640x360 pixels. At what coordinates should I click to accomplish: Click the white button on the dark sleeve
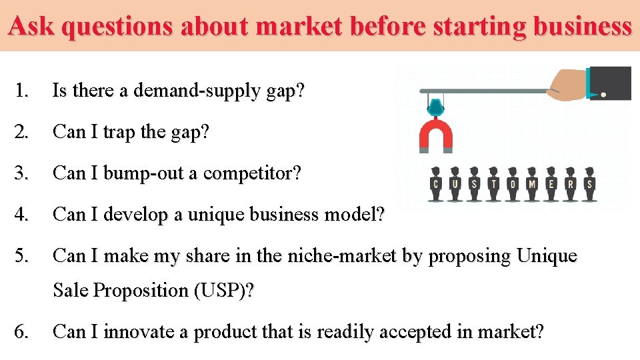603,95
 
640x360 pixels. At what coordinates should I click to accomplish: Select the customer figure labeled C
436,184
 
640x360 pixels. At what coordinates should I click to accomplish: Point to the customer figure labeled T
493,184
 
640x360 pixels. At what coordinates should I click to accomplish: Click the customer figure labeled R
570,184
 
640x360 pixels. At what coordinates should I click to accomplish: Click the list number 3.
23,173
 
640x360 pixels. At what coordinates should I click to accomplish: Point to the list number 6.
23,331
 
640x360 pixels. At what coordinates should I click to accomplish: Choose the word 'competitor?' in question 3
252,173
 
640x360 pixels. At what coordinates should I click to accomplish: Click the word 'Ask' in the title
29,26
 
